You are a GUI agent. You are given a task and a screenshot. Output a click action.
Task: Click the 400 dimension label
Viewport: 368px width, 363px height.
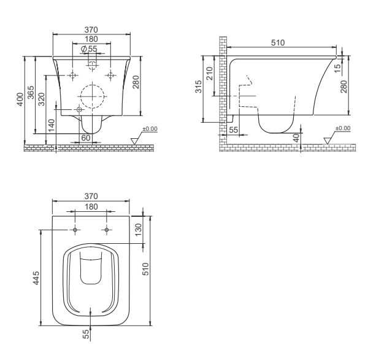coord(20,100)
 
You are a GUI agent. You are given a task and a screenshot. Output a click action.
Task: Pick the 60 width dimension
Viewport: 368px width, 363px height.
coord(85,138)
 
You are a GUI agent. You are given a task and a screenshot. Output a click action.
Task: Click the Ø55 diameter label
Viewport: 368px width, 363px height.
coord(88,49)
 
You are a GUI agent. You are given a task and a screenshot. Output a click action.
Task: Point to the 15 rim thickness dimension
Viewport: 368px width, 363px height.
coord(337,66)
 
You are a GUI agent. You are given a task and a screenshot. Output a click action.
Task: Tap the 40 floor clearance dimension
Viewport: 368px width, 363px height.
coord(296,138)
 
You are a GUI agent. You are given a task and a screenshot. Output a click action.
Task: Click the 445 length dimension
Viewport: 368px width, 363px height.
coord(36,277)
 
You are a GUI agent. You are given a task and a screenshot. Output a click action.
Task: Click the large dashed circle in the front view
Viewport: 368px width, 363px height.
coord(92,95)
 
